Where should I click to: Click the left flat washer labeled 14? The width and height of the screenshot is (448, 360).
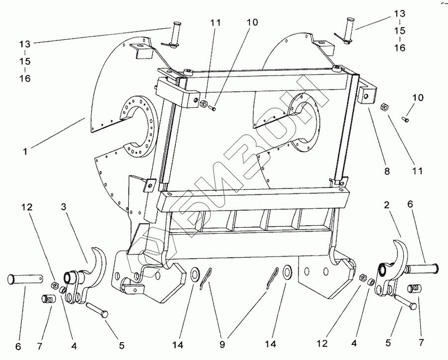tap(195, 273)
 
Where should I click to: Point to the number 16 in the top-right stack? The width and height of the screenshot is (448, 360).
tap(399, 48)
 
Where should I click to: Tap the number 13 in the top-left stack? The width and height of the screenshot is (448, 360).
tap(25, 44)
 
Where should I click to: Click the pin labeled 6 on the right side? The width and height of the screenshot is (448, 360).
tap(423, 270)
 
